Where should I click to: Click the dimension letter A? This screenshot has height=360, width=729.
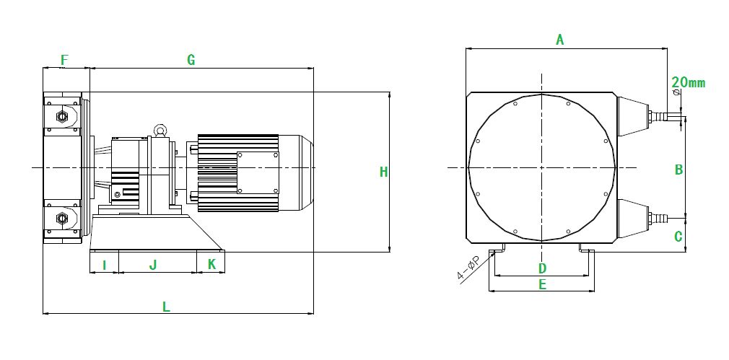560,40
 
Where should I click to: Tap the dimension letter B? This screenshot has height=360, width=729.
678,170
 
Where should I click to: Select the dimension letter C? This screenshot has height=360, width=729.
678,237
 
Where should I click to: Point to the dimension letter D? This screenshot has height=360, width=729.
542,268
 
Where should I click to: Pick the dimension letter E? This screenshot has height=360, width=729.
542,284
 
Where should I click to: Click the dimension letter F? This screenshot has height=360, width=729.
65,60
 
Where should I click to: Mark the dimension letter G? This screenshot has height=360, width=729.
191,60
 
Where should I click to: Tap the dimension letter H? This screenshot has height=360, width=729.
383,172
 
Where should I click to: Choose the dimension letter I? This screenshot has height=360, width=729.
104,265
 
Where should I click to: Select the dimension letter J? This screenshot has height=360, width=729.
153,265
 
